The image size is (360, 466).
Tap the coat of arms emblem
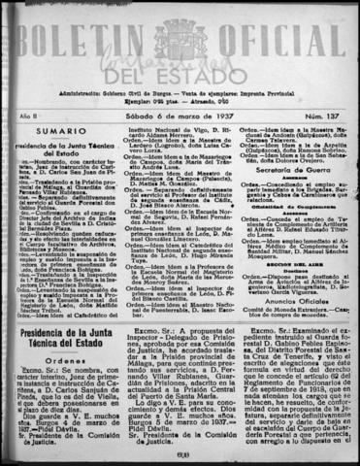point(180,39)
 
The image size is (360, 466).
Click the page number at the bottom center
point(180,456)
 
